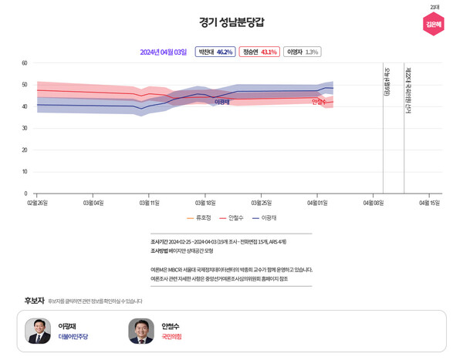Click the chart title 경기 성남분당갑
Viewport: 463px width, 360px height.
[x=231, y=22]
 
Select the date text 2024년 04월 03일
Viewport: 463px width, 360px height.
[x=163, y=52]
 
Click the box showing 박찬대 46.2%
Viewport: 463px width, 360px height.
[x=215, y=52]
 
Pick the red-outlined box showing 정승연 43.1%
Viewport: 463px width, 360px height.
[x=259, y=52]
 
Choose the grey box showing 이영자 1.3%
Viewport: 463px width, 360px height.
[x=302, y=52]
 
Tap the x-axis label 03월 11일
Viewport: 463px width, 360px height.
[x=149, y=203]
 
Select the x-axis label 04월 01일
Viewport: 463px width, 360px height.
[x=317, y=203]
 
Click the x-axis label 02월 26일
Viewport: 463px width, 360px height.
[x=37, y=203]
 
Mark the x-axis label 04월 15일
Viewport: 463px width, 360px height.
[x=429, y=203]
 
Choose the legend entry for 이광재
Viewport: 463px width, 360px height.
[x=264, y=218]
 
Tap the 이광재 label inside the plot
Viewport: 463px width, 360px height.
[x=221, y=102]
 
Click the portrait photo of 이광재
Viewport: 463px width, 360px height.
[x=38, y=331]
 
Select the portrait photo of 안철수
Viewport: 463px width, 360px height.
[x=141, y=331]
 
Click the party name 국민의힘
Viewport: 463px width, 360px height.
[x=172, y=337]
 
